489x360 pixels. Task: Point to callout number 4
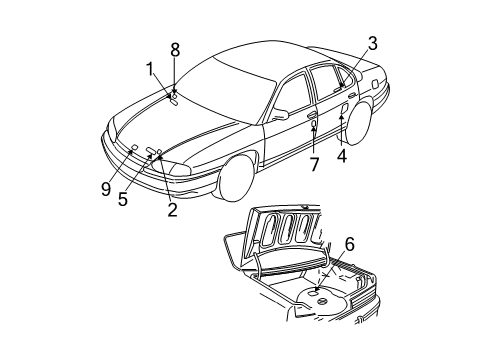point(342,155)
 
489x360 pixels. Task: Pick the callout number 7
point(314,164)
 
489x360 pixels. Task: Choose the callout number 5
point(123,199)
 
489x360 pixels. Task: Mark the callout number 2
point(172,210)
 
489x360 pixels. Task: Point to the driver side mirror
point(280,115)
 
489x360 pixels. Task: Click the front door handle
point(313,115)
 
